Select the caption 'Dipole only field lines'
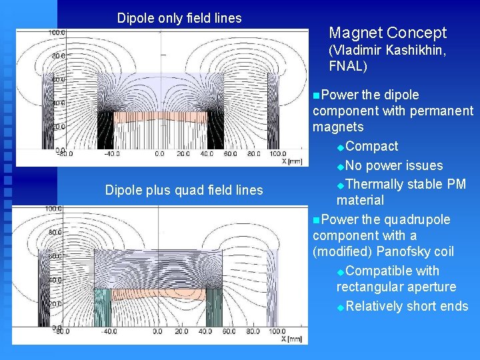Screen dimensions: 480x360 click(179, 18)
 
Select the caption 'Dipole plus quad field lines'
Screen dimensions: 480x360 click(184, 191)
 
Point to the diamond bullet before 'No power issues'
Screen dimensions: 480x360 click(341, 166)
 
